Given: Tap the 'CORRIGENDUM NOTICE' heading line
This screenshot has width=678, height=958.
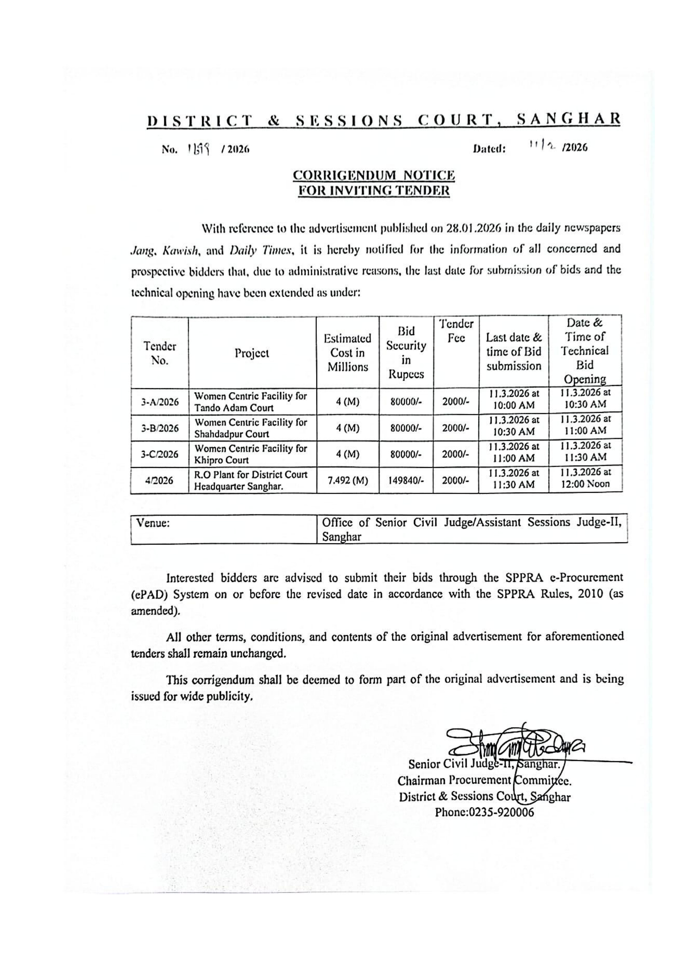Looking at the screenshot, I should tap(374, 175).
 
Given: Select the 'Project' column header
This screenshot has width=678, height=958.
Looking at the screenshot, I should tap(252, 353).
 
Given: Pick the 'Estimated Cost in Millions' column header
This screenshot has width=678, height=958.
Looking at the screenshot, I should tap(348, 353).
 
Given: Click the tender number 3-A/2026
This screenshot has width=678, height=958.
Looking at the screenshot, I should tap(159, 402).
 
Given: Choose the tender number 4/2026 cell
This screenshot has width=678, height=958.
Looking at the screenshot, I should tap(159, 481).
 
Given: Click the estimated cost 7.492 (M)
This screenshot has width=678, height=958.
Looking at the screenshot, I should tap(348, 481).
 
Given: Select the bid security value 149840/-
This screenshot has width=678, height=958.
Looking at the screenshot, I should tap(406, 481).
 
